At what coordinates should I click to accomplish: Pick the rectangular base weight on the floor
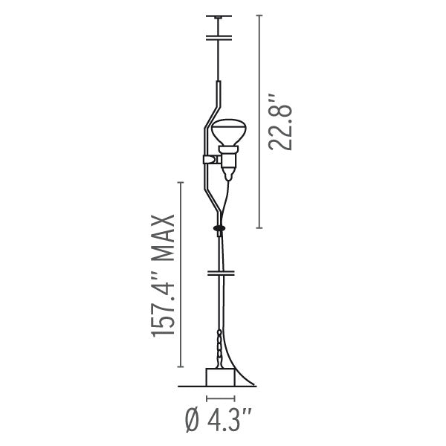pos(221,377)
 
